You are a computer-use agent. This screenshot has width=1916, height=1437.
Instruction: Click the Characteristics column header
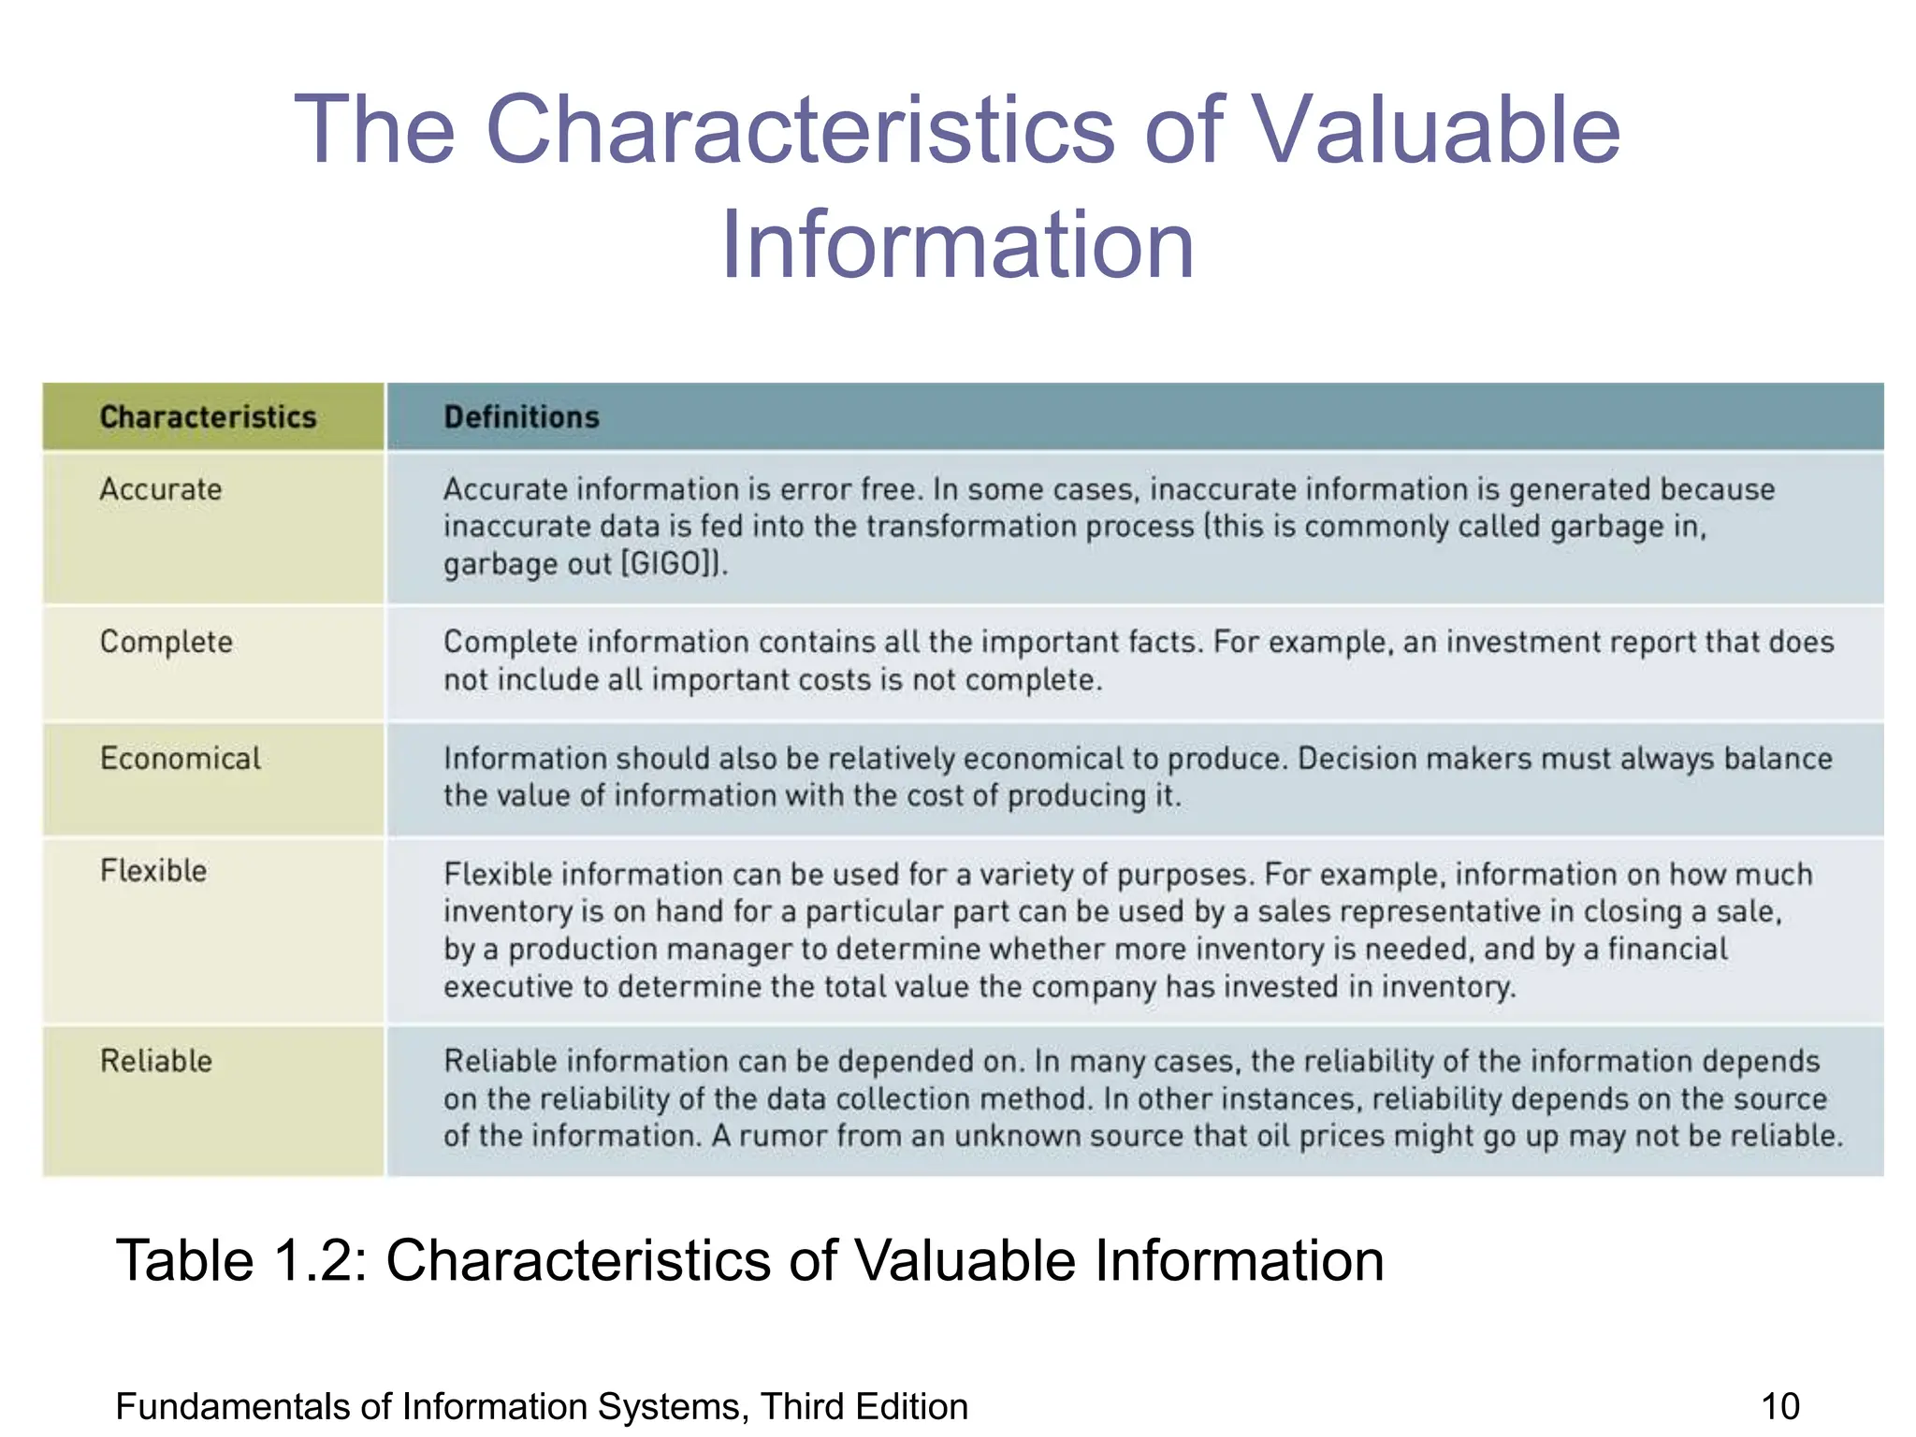(x=208, y=417)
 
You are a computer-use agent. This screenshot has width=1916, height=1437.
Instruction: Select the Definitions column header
(x=521, y=417)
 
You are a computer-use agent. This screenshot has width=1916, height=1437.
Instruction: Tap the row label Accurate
(x=161, y=489)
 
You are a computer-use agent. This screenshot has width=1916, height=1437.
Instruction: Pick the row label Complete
(x=167, y=642)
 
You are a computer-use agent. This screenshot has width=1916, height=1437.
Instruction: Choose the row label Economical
(x=181, y=758)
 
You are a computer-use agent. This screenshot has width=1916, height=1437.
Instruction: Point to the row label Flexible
(x=153, y=871)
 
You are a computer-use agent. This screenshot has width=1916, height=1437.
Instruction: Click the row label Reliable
(x=156, y=1061)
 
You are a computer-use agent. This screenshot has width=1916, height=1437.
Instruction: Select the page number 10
(x=1779, y=1407)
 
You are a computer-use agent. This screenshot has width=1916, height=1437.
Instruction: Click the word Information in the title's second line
(x=957, y=244)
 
